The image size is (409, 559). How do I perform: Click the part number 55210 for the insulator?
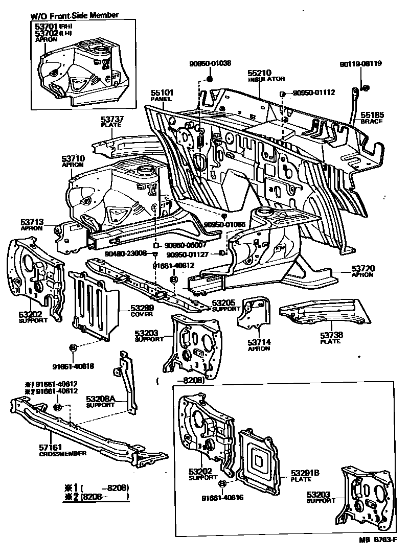(x=259, y=73)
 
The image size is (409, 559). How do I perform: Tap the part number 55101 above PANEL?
(x=162, y=92)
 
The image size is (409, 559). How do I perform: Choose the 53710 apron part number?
(x=73, y=159)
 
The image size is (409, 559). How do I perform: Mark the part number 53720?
(x=362, y=268)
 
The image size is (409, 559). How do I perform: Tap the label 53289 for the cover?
(x=142, y=308)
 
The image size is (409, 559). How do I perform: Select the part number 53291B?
(x=305, y=473)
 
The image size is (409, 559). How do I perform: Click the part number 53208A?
(x=100, y=399)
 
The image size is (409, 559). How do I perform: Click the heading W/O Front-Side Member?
(x=74, y=15)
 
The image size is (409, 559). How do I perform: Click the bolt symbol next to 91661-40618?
(x=73, y=347)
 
